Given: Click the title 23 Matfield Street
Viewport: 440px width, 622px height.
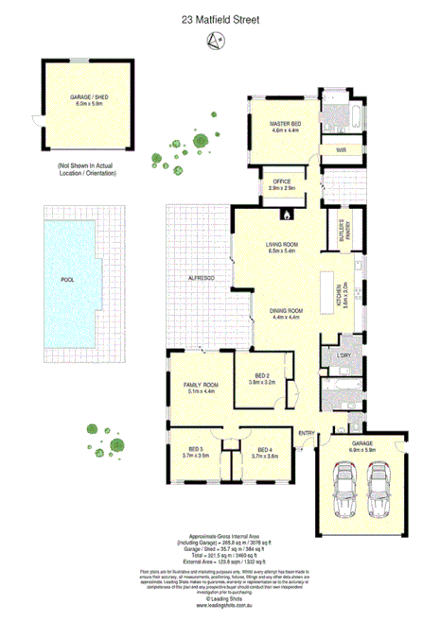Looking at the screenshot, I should point(220,18).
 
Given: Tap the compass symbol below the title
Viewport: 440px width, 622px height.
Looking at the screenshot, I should point(219,39).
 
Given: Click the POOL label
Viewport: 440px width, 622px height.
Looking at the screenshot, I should point(67,280).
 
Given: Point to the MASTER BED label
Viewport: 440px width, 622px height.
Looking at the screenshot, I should point(285,124).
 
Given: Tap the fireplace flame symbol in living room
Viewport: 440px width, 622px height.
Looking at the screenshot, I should point(282,216).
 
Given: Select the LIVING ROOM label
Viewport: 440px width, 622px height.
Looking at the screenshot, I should point(282,249).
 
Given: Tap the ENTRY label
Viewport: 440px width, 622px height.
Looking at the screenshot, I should point(307,433).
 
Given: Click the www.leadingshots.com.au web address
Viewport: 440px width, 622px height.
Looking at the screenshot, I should point(220,606).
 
